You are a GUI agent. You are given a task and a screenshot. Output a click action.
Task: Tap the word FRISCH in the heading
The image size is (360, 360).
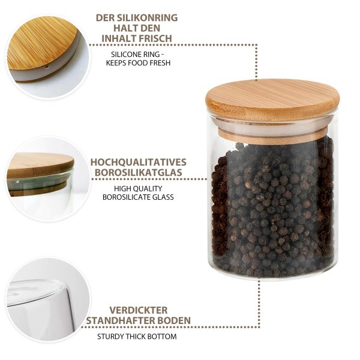click(155, 38)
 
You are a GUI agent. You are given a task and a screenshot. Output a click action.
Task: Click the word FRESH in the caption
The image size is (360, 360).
click(158, 62)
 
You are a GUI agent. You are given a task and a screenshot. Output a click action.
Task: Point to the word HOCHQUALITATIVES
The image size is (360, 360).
click(139, 162)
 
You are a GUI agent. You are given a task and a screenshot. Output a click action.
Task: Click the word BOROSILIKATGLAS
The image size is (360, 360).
click(139, 172)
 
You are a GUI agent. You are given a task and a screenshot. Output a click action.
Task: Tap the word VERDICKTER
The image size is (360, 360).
click(139, 310)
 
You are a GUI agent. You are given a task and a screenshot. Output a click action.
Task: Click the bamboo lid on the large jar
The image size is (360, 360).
click(272, 99)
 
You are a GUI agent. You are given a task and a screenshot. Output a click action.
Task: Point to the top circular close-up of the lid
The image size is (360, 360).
click(48, 56)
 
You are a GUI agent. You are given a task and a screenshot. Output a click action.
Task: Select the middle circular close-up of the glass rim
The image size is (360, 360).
click(48, 179)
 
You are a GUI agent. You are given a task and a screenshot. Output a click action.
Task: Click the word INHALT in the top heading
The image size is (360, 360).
click(119, 38)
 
